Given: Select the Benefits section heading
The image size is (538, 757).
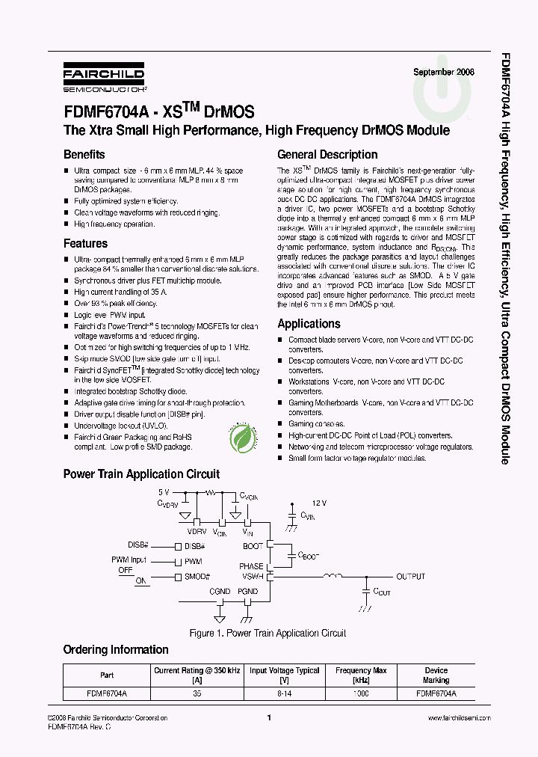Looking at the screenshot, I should [84, 155].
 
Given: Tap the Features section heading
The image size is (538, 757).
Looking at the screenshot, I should [85, 244].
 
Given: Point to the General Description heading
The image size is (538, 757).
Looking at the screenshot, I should [327, 155].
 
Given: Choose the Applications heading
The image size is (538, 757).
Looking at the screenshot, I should [309, 324].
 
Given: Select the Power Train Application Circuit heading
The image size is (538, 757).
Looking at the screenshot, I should [141, 474].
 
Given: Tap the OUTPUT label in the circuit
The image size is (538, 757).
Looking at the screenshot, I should [410, 577].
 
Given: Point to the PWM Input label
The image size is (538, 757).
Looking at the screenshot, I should [128, 560].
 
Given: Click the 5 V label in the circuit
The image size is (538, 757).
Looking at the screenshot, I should [164, 493].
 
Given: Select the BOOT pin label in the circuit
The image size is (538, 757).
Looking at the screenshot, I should [253, 547].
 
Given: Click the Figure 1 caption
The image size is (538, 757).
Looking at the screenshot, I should [268, 634].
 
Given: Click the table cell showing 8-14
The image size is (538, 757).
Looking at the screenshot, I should [284, 693].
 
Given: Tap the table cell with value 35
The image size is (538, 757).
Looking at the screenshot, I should [197, 693].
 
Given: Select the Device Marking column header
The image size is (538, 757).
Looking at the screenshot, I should [436, 675].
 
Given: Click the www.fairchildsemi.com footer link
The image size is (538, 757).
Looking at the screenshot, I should [459, 718].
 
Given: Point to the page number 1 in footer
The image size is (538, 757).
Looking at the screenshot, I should [268, 718].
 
